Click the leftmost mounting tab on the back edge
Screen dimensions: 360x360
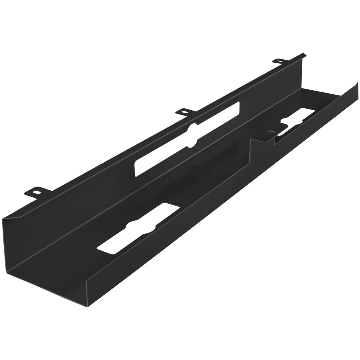pos(35,192)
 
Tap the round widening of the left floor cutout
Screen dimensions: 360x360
pos(142,227)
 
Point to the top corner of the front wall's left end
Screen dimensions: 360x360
pos(87,281)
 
